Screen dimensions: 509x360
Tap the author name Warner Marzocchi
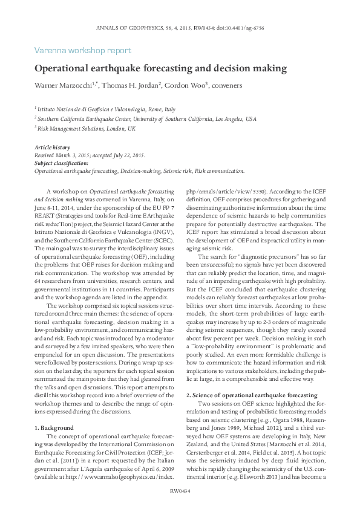pos(64,86)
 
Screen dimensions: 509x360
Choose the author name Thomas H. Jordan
pos(128,86)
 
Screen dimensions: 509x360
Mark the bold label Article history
pos(52,148)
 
